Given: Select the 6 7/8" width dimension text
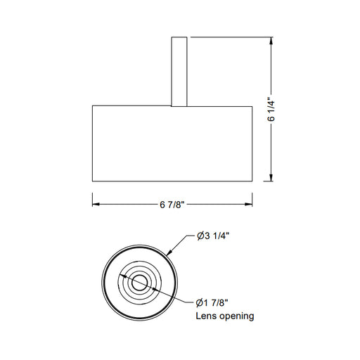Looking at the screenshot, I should pos(172,205).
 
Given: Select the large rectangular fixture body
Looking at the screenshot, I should pos(172,144).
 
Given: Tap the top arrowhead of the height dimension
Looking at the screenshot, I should pos(271,42).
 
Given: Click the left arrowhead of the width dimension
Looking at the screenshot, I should pos(97,205).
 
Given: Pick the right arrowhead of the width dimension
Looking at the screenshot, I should pos(248,205).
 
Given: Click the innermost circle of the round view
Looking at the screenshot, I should pos(139,283).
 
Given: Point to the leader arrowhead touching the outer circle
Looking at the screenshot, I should pos(169,252).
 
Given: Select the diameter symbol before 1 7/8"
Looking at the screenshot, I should pos(200,303).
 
